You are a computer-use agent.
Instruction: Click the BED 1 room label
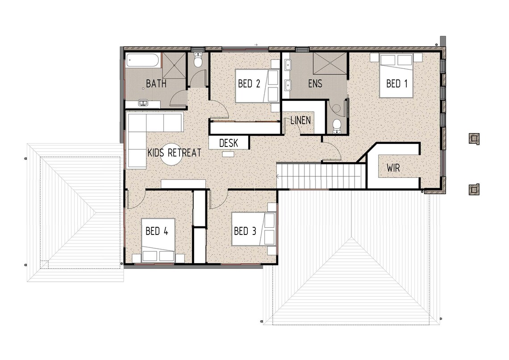[396, 83]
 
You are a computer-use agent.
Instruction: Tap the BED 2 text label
[249, 84]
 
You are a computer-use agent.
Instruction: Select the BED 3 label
[245, 231]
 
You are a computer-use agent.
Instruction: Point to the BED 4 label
[157, 231]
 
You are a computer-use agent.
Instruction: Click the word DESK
[229, 143]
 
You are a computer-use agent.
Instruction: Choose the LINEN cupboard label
[300, 121]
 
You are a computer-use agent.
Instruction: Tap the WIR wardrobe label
[393, 168]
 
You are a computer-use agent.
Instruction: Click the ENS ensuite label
[315, 84]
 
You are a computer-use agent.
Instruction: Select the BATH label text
[156, 84]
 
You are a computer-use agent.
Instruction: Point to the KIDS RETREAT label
[174, 153]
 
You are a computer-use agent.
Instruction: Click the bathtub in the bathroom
[142, 60]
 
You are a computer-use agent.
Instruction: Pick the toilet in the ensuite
[337, 126]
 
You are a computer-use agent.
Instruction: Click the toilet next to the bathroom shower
[199, 60]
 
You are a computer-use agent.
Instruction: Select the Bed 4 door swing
[136, 200]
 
